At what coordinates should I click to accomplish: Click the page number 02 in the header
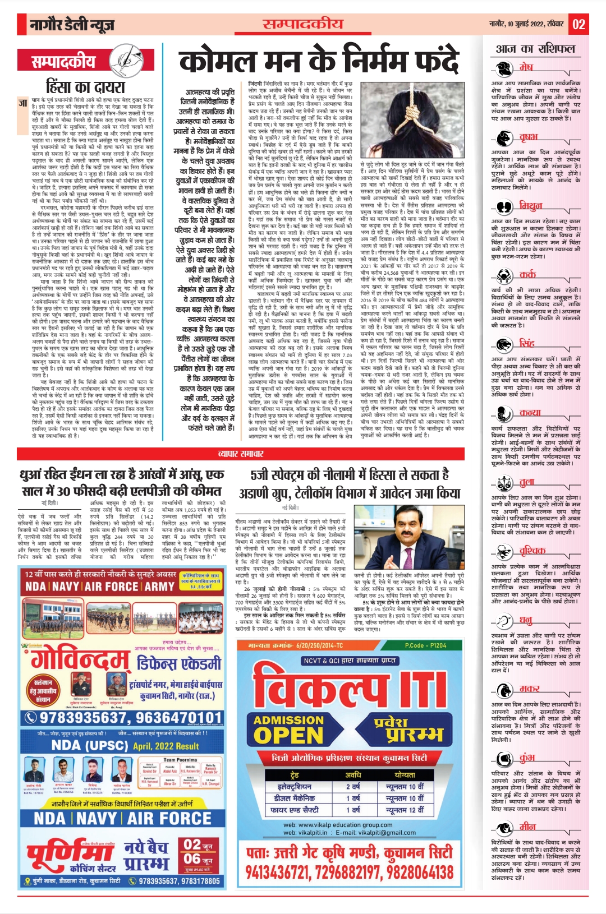tap(579, 24)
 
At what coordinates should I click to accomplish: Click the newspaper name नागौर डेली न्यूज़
tap(72, 25)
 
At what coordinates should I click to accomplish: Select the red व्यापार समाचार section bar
tap(241, 453)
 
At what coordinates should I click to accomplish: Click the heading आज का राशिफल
tap(535, 49)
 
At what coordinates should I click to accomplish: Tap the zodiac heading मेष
tap(526, 67)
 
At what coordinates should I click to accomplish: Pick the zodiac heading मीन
tap(527, 826)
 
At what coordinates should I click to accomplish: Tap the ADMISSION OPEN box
tap(288, 728)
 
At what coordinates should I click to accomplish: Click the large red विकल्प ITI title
tap(348, 687)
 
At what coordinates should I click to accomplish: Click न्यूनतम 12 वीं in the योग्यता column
tap(405, 810)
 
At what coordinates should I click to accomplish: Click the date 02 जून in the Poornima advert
tap(198, 845)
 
